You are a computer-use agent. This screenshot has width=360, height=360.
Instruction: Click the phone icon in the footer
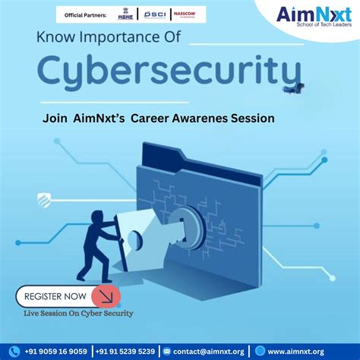point(14,351)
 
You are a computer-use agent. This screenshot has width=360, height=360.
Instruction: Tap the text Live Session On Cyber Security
point(78,313)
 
